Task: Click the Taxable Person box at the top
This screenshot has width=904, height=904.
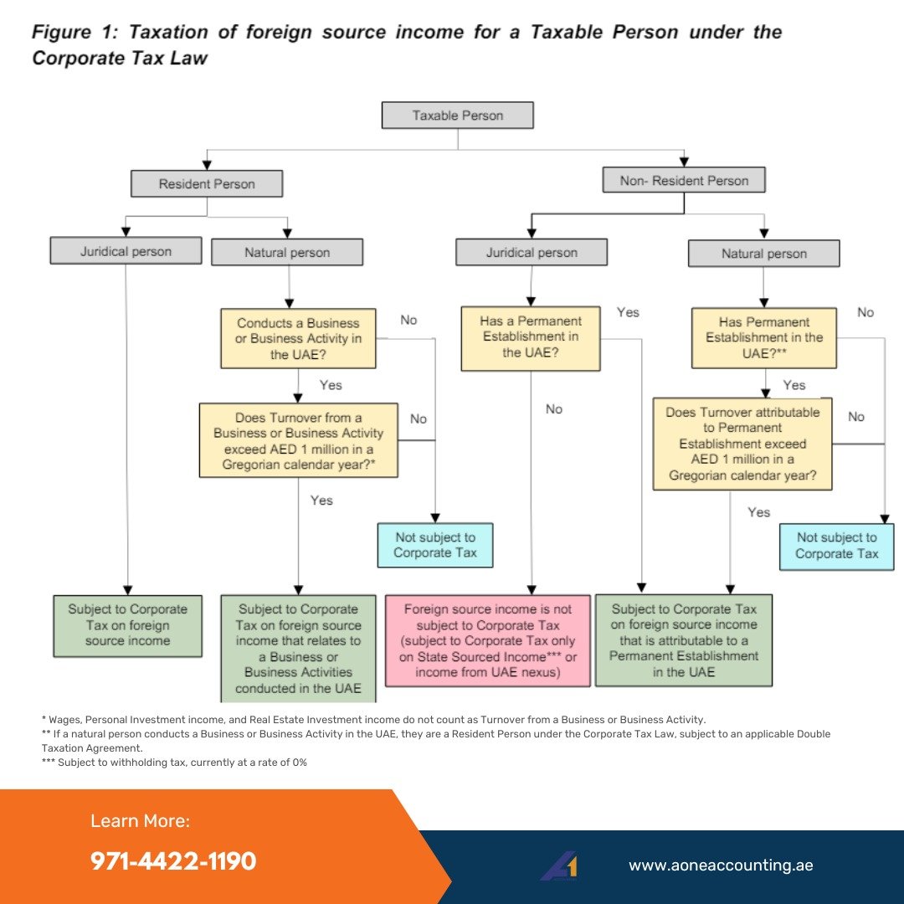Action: click(457, 116)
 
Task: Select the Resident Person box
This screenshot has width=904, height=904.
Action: click(207, 184)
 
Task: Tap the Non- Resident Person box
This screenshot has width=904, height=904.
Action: click(684, 180)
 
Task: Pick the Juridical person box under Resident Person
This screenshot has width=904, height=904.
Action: click(126, 251)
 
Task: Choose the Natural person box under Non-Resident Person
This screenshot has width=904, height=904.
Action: click(763, 254)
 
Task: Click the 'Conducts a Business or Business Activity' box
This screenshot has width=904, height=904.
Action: click(298, 338)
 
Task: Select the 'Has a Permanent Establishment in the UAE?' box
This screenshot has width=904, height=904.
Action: click(530, 337)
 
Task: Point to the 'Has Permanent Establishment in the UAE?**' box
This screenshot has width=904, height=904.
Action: click(763, 338)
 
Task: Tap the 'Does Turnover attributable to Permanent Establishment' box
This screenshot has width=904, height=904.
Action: click(742, 443)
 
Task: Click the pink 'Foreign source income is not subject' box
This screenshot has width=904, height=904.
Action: click(487, 640)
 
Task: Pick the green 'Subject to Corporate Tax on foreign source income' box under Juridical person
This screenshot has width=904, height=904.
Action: click(128, 625)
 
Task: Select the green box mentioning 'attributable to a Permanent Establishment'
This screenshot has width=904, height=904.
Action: click(683, 640)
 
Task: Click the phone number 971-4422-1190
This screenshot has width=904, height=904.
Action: click(173, 861)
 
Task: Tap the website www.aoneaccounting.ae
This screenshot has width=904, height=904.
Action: click(721, 865)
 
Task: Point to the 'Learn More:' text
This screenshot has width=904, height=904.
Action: click(140, 821)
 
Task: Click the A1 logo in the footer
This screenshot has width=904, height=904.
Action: click(558, 865)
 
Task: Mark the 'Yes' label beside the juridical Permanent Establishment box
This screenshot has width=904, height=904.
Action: click(628, 312)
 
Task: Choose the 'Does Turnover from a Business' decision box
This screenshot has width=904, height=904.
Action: click(298, 440)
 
